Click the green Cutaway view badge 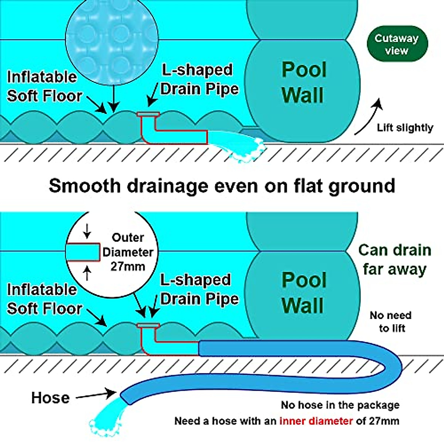coord(397,44)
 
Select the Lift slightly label coord(405,128)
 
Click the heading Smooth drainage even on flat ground coord(222,185)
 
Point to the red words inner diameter coord(316,421)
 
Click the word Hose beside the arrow coord(50,398)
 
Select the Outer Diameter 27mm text coord(128,252)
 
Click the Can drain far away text coord(395,260)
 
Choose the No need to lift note coord(391,322)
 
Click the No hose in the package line coord(340,405)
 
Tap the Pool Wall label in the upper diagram coord(304,82)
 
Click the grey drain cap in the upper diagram coord(148,114)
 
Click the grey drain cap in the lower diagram coord(148,326)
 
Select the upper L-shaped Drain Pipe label coord(199,79)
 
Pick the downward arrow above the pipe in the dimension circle coord(87,232)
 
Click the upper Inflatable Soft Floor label coord(44,86)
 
